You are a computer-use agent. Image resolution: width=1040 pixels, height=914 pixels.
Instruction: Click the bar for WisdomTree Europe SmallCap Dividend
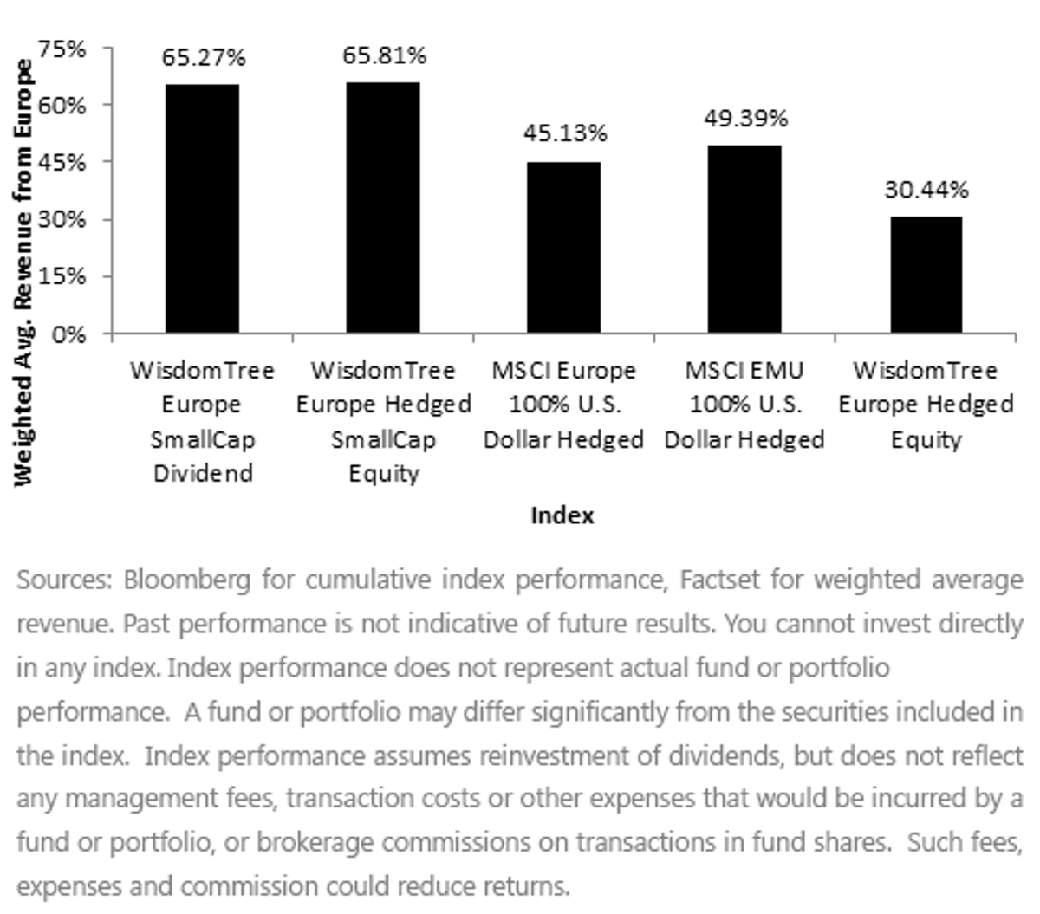[202, 208]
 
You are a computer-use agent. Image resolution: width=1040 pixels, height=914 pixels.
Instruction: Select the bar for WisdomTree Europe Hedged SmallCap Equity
[382, 207]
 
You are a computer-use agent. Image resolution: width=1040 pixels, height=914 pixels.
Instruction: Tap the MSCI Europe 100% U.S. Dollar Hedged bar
[563, 248]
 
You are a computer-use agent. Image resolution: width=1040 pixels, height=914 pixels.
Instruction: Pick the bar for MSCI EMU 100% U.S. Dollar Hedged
[744, 239]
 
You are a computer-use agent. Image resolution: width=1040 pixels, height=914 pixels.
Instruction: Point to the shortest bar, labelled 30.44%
[926, 275]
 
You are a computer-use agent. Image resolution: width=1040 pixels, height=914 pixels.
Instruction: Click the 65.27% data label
[204, 57]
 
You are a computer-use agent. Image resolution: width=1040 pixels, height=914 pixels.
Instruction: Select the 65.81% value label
[385, 55]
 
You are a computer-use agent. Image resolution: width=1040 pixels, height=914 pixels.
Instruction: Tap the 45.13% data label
[565, 133]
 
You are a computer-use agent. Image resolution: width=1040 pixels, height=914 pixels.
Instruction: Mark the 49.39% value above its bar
[746, 119]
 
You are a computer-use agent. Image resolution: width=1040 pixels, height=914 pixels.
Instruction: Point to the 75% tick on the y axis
[62, 49]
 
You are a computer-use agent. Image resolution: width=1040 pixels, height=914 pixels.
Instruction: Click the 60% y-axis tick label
[62, 107]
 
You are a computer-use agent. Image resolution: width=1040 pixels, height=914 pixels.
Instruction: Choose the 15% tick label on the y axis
[62, 277]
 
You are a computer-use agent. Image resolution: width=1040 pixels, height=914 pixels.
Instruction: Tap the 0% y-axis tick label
[68, 335]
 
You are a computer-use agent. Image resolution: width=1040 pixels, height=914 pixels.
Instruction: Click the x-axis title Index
[562, 515]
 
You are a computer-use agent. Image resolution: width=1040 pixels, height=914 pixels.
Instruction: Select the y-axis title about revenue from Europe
[23, 273]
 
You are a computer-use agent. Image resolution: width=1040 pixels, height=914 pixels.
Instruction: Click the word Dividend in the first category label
[203, 473]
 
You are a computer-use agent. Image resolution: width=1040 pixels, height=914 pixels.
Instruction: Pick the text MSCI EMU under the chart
[744, 371]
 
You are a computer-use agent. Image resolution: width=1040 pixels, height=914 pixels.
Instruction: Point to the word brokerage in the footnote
[314, 844]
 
